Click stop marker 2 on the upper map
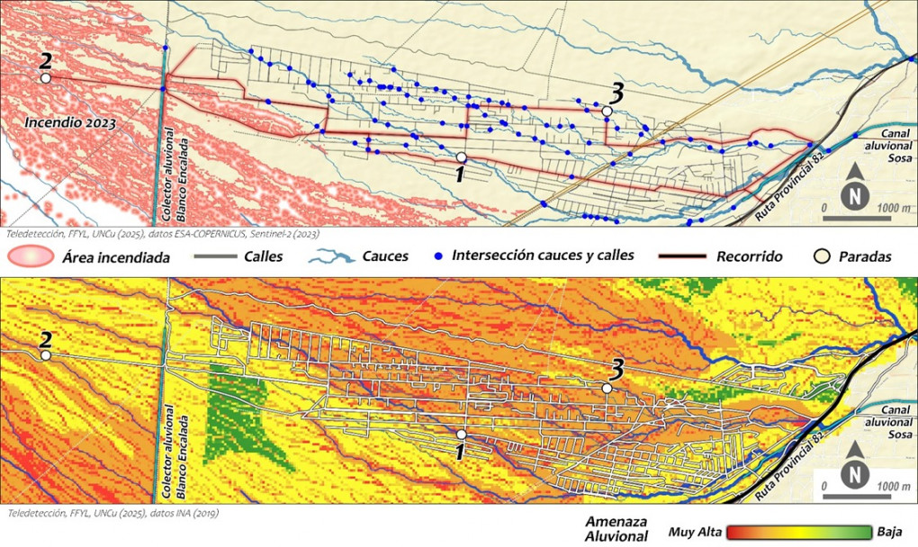click(x=45, y=77)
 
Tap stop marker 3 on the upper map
click(x=607, y=111)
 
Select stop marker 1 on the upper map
click(x=461, y=157)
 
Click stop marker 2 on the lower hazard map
click(x=45, y=355)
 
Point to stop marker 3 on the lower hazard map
click(x=607, y=387)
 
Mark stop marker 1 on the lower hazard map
click(x=461, y=435)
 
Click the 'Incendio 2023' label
click(x=70, y=121)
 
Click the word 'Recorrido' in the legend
click(x=750, y=256)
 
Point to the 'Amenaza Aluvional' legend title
click(x=616, y=529)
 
